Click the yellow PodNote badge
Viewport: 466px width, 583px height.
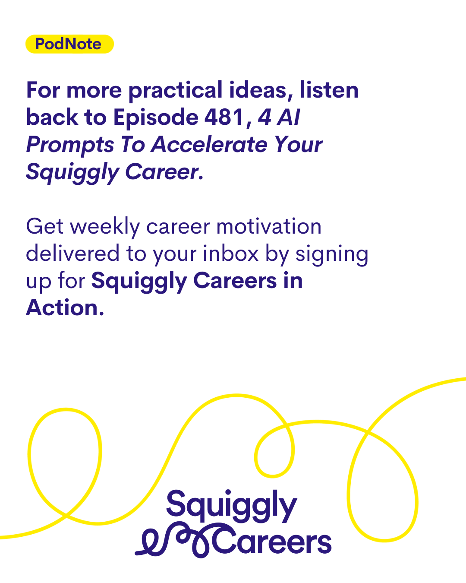tap(69, 44)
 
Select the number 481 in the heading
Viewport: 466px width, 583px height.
tap(224, 117)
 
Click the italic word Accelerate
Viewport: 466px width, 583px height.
tap(209, 144)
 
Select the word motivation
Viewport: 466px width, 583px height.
tap(269, 226)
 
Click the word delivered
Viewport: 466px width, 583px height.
tap(72, 253)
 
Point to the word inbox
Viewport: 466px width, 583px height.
tap(231, 253)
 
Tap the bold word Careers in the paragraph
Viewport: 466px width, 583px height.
tap(235, 281)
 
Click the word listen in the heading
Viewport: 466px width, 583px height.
tap(329, 90)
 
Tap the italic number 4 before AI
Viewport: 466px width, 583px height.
tap(264, 117)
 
